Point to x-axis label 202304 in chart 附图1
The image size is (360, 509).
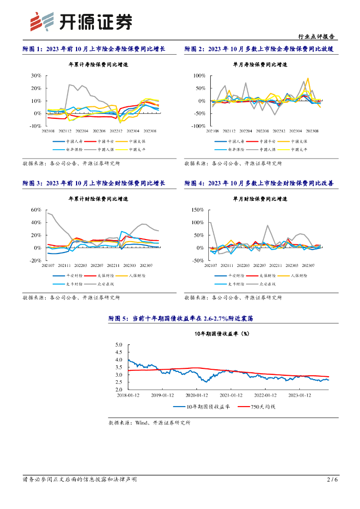(x=133, y=131)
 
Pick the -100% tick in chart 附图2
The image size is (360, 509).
(x=198, y=126)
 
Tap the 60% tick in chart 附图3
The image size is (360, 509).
(x=35, y=210)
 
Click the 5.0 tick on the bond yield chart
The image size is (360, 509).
(x=119, y=344)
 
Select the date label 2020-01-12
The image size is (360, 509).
(x=196, y=396)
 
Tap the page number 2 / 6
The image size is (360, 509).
(x=332, y=480)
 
